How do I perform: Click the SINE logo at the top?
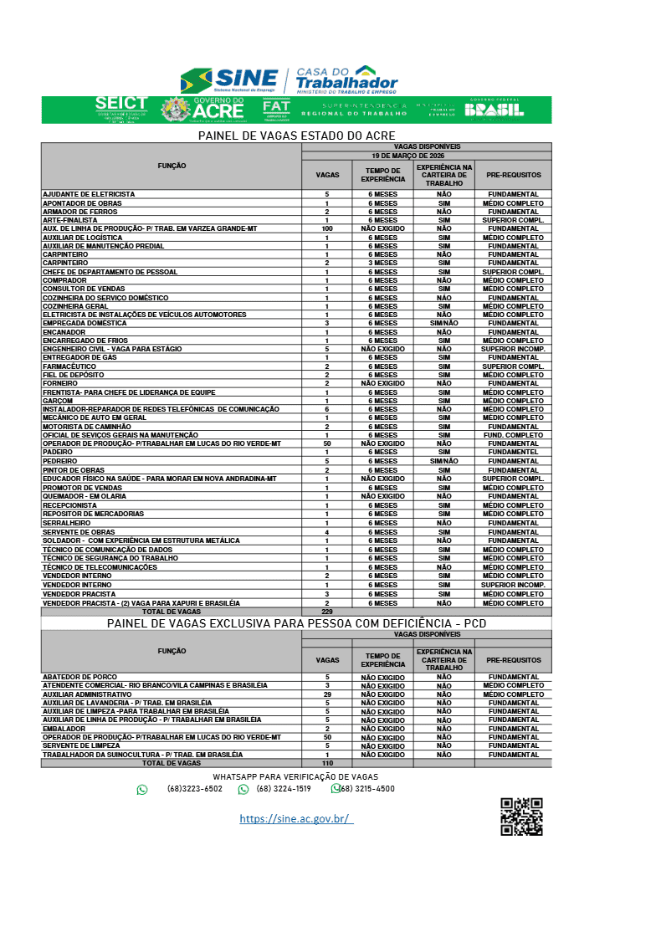[228, 81]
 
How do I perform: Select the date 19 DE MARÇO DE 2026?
[427, 156]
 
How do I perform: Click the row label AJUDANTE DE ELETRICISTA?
[89, 194]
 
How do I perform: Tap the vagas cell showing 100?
[326, 228]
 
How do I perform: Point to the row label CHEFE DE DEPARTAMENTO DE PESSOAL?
[110, 272]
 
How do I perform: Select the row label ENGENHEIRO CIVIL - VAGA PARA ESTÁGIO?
[112, 349]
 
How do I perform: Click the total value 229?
[326, 612]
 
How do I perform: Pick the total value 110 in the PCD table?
[326, 763]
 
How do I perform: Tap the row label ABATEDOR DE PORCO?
[80, 677]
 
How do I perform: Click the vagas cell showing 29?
[326, 694]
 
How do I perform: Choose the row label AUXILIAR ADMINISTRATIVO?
[87, 694]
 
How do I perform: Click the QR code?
[521, 817]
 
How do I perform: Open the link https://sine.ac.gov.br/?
[296, 819]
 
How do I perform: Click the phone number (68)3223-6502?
[195, 789]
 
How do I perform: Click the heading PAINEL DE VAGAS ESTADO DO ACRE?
[296, 136]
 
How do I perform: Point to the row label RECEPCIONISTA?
[71, 505]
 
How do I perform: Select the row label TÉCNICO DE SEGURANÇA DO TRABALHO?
[110, 558]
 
